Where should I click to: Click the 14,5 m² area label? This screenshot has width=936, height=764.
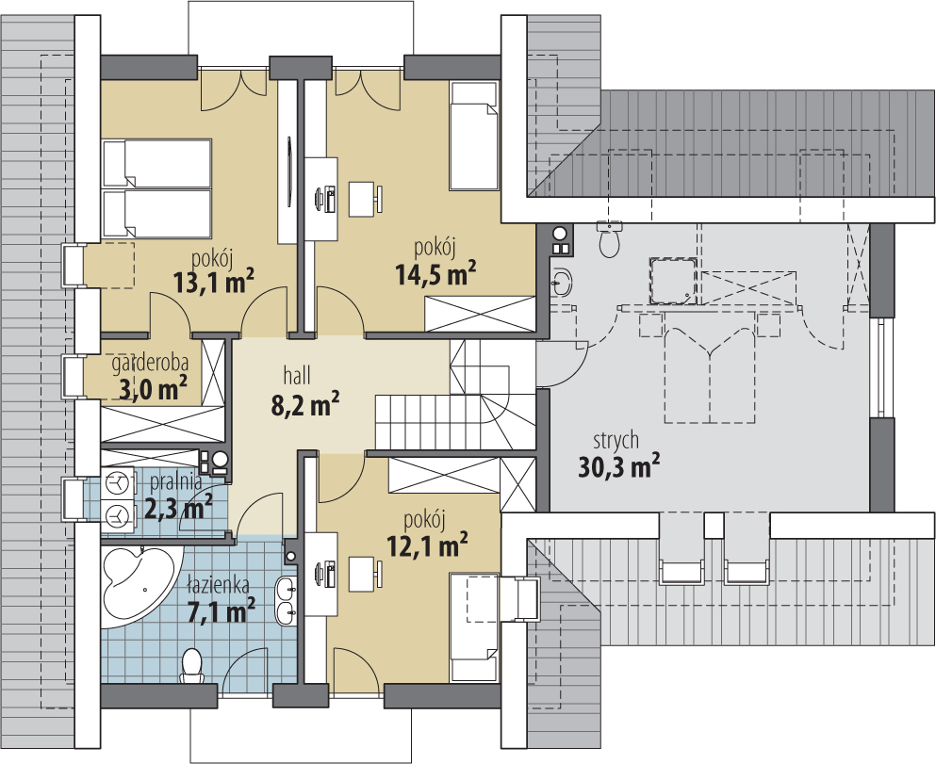click(435, 273)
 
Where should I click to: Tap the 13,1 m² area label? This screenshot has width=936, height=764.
click(214, 282)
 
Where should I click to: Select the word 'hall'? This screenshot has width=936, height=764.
click(297, 375)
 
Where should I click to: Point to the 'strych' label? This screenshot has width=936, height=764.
click(616, 440)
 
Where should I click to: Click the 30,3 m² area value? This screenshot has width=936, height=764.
click(619, 465)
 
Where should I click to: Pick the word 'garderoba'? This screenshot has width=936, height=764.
click(151, 362)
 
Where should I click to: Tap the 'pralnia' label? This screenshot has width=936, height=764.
click(176, 480)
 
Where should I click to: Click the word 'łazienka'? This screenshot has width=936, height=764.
click(218, 585)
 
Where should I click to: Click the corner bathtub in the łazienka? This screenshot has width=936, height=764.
click(139, 585)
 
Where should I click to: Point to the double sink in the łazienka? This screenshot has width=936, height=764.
click(286, 601)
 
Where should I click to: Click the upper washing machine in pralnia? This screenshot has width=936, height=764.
click(117, 482)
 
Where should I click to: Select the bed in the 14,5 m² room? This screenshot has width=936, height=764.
click(474, 137)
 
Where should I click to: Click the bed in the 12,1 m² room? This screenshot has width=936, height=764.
click(474, 627)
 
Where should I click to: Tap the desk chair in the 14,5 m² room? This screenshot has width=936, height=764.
click(365, 199)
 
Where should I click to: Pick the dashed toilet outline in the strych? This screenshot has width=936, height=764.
click(610, 239)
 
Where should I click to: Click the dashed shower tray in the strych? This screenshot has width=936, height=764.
click(674, 281)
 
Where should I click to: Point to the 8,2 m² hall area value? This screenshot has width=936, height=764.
click(305, 404)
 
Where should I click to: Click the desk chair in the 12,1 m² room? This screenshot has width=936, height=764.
click(365, 575)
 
